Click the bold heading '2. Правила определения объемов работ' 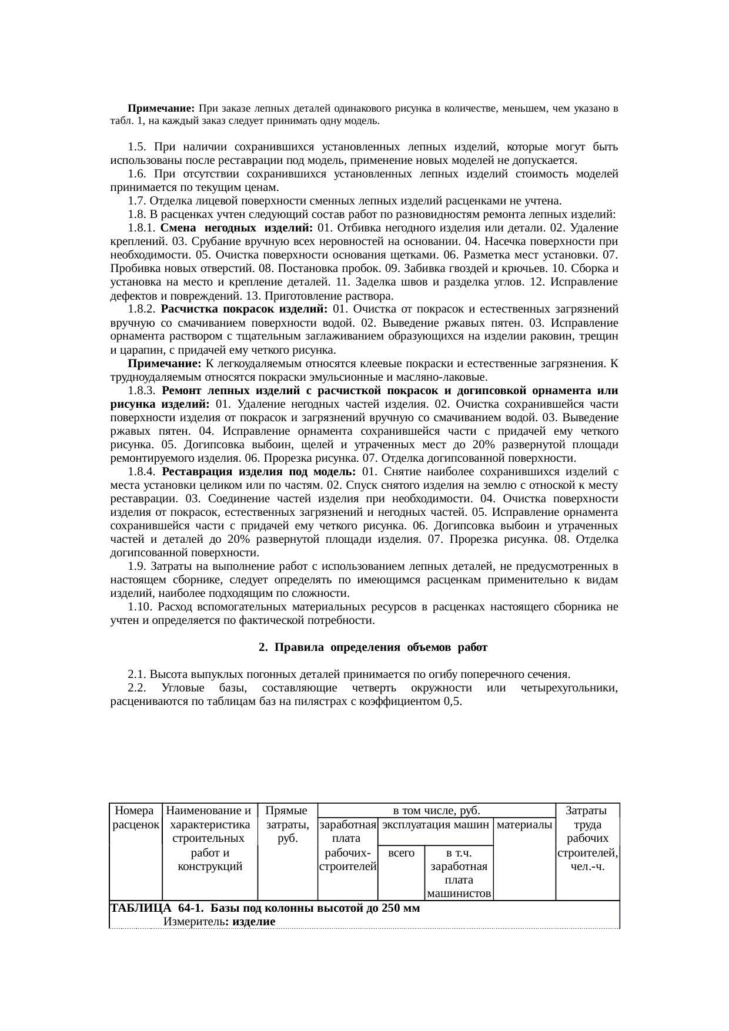373,647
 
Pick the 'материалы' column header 525,824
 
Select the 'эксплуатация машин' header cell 436,824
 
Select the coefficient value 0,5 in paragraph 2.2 453,701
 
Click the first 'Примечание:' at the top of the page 161,109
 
